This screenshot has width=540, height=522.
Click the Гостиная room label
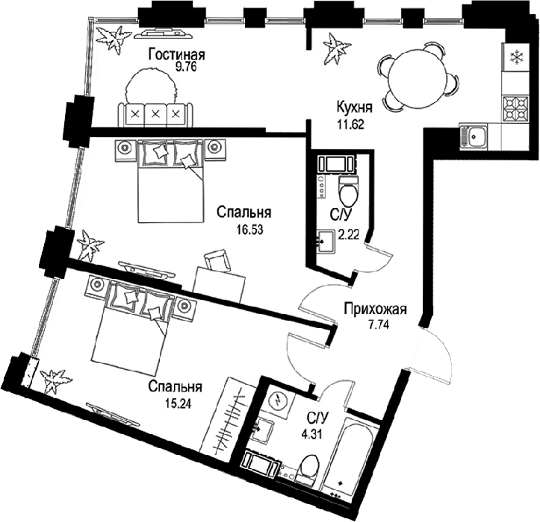[x=177, y=54]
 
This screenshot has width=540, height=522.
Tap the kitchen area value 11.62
[x=351, y=124]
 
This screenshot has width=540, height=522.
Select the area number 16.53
[x=249, y=230]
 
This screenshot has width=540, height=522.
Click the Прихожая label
[x=376, y=309]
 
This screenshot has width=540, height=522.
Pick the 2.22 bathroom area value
[x=349, y=235]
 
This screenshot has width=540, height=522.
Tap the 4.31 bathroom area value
[x=311, y=435]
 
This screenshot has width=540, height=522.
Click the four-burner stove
[x=515, y=108]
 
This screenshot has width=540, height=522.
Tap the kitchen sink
[x=474, y=136]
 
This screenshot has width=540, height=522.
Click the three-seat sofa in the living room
[x=155, y=114]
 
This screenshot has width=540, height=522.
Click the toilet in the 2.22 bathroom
[x=348, y=189]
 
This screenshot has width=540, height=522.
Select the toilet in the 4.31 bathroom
[x=306, y=469]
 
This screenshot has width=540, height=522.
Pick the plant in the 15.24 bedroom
[x=55, y=382]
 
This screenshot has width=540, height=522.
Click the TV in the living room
[x=164, y=33]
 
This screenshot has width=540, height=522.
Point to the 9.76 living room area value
[x=186, y=66]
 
